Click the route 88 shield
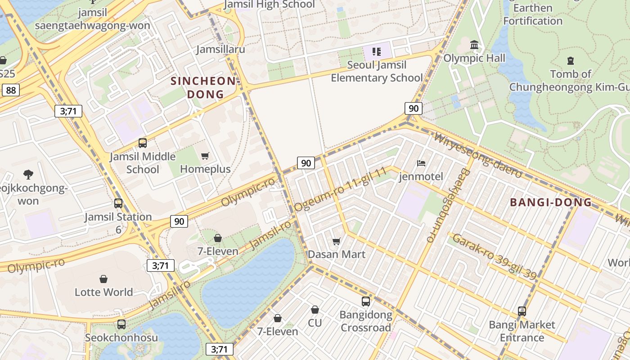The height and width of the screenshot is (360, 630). click(11, 90)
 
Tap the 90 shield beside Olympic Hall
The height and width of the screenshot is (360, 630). click(413, 108)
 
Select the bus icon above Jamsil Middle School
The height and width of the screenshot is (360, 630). click(143, 143)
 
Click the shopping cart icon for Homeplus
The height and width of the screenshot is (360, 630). click(205, 156)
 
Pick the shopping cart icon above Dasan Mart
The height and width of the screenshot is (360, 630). click(336, 241)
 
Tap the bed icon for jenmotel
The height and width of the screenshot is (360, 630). click(421, 163)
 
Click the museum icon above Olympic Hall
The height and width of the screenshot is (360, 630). click(474, 45)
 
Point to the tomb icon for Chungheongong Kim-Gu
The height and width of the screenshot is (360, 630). click(571, 60)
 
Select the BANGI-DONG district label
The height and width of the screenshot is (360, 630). click(551, 202)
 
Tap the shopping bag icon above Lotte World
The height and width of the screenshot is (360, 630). click(103, 279)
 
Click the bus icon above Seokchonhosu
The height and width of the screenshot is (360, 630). click(121, 324)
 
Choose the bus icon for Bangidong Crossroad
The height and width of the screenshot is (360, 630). click(365, 301)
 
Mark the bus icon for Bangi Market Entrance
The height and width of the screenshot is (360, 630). click(522, 311)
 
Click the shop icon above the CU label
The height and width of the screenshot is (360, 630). click(315, 310)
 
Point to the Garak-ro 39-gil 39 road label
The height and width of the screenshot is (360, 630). click(495, 256)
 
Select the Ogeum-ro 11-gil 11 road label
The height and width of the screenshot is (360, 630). click(341, 189)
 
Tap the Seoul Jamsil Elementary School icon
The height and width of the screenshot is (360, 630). click(377, 52)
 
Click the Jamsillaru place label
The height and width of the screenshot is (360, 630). click(220, 49)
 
